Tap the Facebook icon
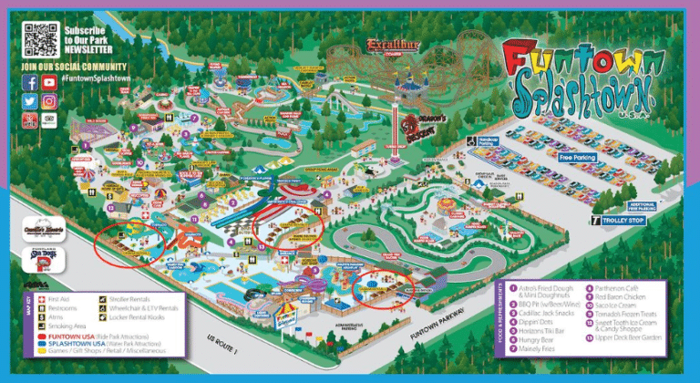[30, 82]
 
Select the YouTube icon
[48, 82]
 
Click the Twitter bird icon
[30, 101]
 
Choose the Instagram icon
[48, 101]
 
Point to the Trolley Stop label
[626, 220]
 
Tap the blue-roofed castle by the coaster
[406, 85]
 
